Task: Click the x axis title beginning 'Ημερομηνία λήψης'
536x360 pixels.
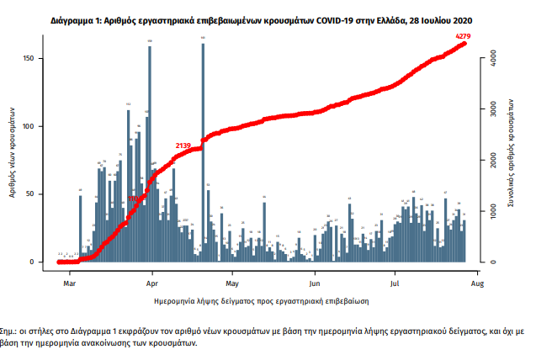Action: [263, 299]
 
